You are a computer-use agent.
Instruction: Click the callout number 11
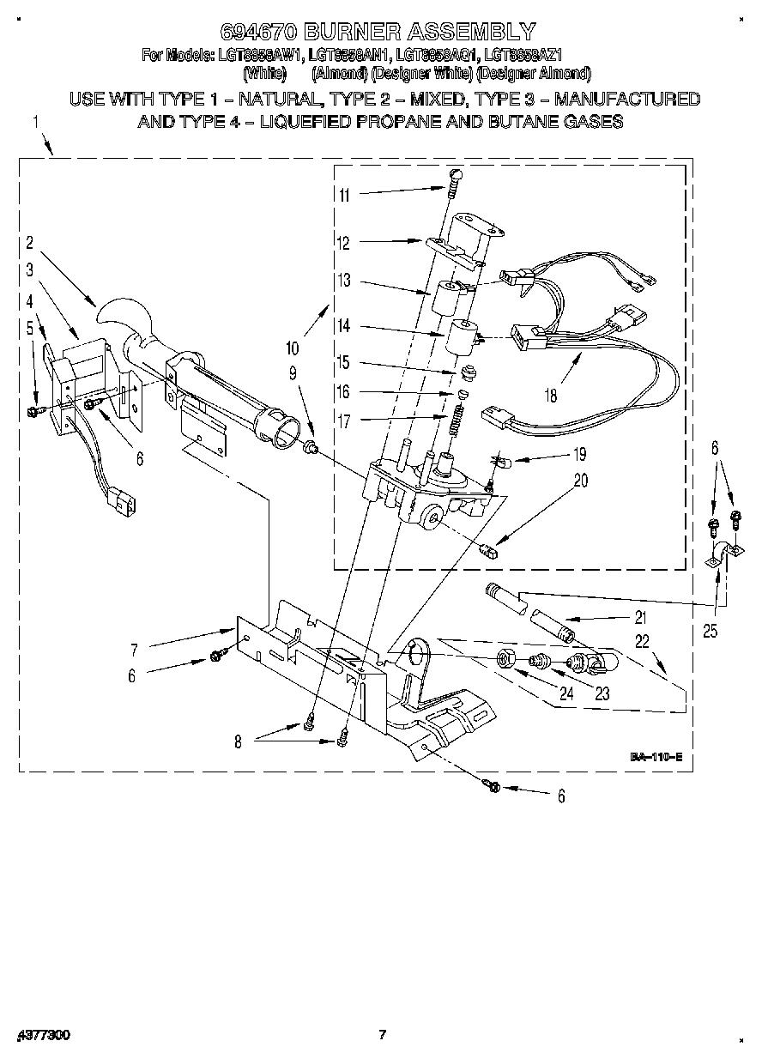344,194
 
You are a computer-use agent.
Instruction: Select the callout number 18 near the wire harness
550,395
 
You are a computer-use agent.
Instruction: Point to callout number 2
29,243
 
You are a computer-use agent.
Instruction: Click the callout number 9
293,373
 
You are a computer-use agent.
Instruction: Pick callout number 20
581,481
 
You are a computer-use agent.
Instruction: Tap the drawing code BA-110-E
656,757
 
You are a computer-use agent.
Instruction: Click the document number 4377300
42,1035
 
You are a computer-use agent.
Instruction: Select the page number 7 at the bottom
384,1034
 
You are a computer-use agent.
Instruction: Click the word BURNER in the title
354,33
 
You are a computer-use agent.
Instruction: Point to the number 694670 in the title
259,33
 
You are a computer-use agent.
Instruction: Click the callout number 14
344,327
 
